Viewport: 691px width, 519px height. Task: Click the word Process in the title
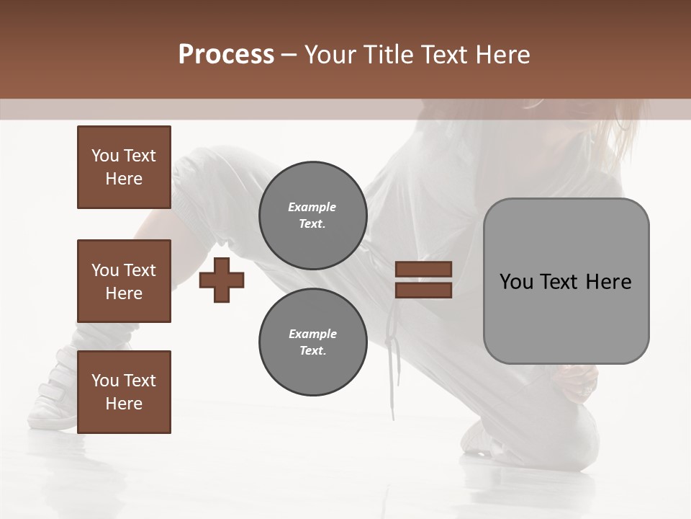226,55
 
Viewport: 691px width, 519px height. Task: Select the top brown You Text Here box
124,167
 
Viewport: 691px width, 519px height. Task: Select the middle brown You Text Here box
124,281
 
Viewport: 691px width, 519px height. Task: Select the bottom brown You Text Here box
124,392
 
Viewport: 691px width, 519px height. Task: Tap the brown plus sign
222,280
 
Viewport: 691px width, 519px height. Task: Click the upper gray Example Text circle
312,216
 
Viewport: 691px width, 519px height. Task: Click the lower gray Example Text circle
312,342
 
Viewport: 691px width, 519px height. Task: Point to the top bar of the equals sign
423,269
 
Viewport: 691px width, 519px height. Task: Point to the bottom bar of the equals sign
423,290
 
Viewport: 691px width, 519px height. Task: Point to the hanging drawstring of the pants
392,360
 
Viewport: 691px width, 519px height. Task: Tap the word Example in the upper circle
312,207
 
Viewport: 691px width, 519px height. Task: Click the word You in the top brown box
104,156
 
